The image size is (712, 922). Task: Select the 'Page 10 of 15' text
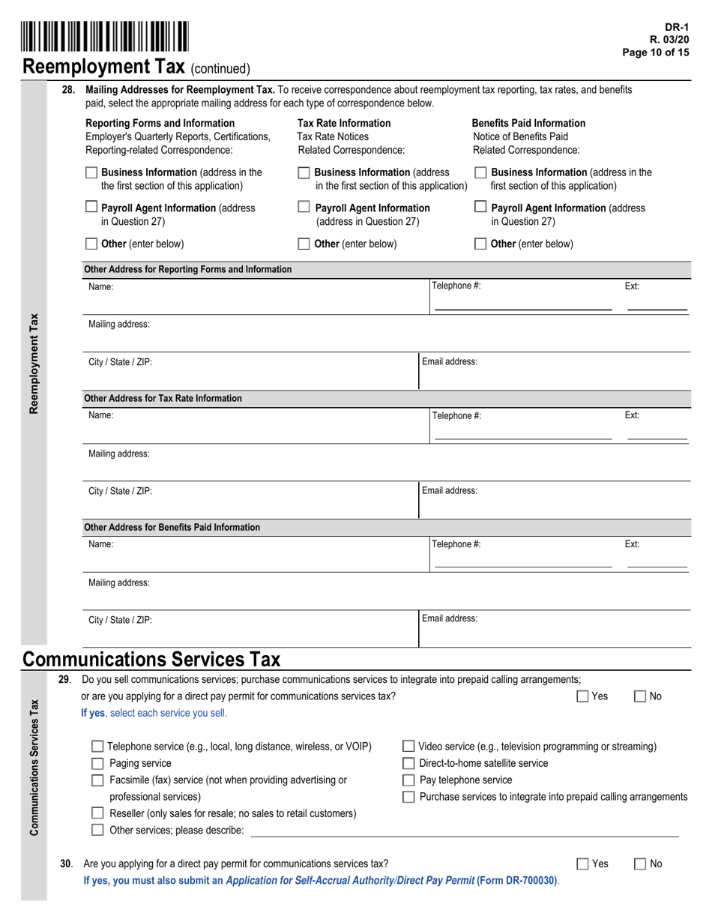[656, 52]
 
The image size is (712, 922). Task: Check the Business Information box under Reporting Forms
[91, 172]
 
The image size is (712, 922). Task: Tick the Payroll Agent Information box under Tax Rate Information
[304, 207]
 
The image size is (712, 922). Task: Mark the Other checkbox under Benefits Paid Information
[481, 244]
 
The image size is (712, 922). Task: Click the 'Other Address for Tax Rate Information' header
[163, 398]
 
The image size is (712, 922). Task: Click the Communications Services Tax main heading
[152, 660]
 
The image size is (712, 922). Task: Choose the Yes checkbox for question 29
[582, 696]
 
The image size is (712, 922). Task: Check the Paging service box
[97, 763]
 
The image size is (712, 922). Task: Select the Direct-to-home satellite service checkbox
[408, 763]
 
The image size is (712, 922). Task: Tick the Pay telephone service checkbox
[408, 780]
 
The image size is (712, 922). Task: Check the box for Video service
[408, 747]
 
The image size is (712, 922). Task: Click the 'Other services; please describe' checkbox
[97, 830]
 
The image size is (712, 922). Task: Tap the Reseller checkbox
[97, 813]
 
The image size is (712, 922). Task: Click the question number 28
[68, 90]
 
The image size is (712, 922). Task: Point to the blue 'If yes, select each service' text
[154, 713]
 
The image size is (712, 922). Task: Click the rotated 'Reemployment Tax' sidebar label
[34, 363]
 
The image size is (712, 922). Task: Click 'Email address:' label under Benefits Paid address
[450, 619]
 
